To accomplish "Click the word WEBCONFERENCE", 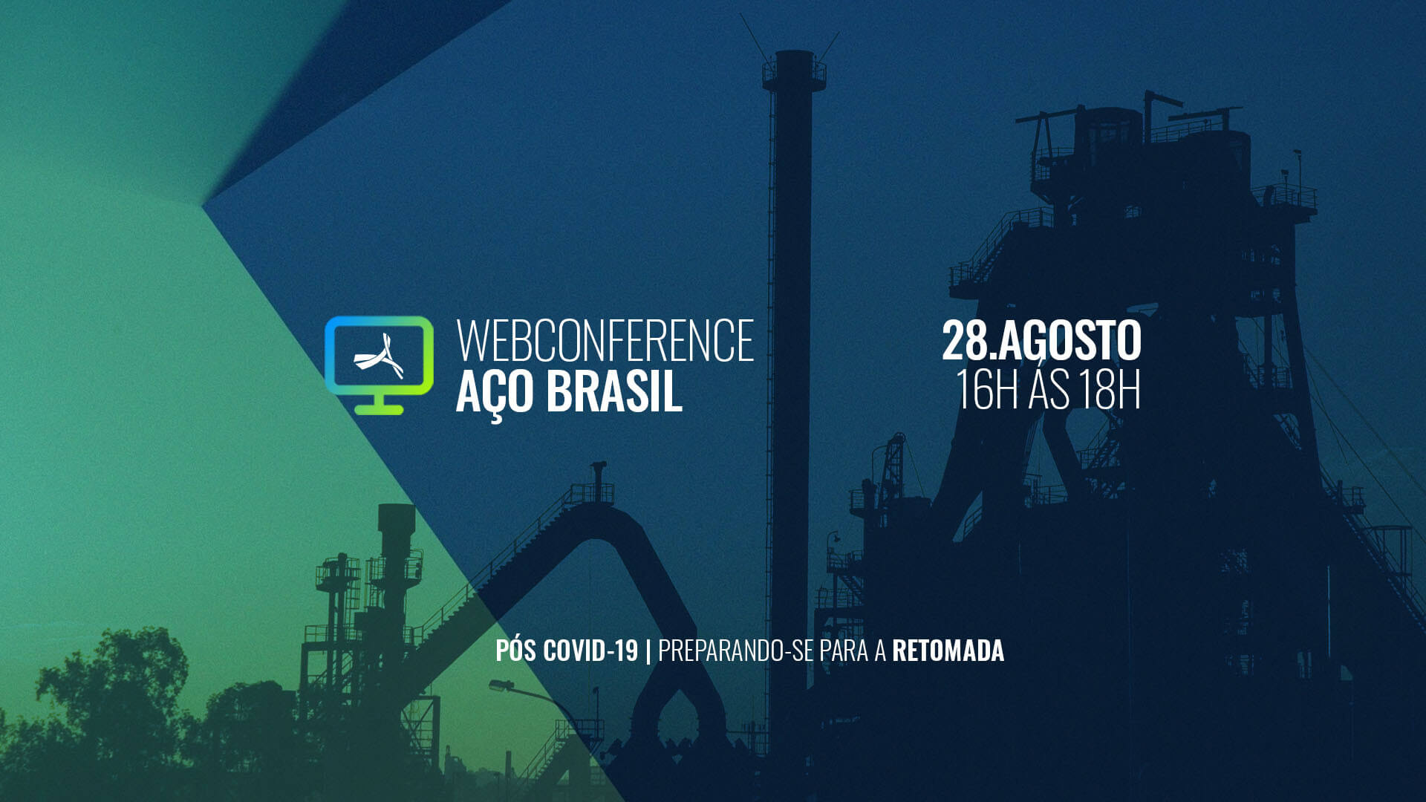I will [x=605, y=341].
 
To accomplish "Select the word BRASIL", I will [x=614, y=391].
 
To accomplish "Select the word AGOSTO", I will [x=1069, y=341].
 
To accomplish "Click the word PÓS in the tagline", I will [x=516, y=651].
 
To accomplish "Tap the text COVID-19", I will [x=590, y=651].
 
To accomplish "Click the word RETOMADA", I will [x=948, y=651].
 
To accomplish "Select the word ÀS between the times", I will [x=1048, y=390].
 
